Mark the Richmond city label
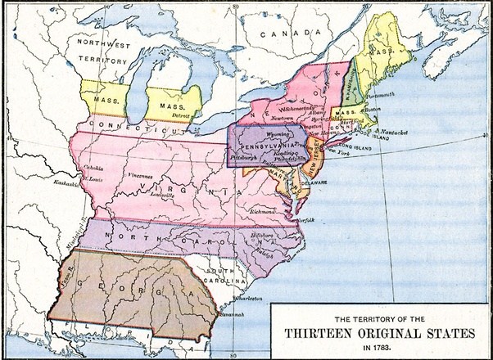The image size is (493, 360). (x=263, y=211)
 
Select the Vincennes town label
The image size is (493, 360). (x=139, y=176)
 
